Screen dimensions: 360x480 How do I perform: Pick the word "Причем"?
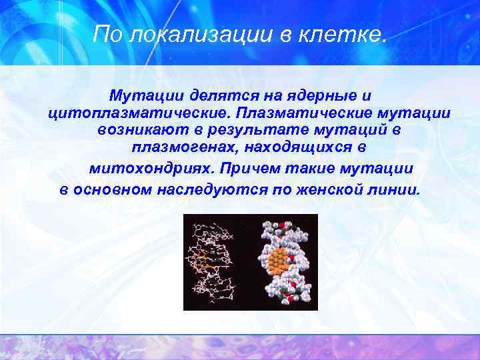pyautogui.click(x=249, y=169)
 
